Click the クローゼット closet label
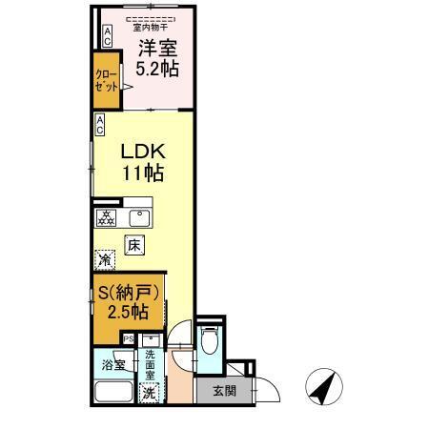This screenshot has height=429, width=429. [107, 80]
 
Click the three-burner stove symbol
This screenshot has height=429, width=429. [106, 216]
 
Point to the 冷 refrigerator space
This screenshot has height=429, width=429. [104, 258]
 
